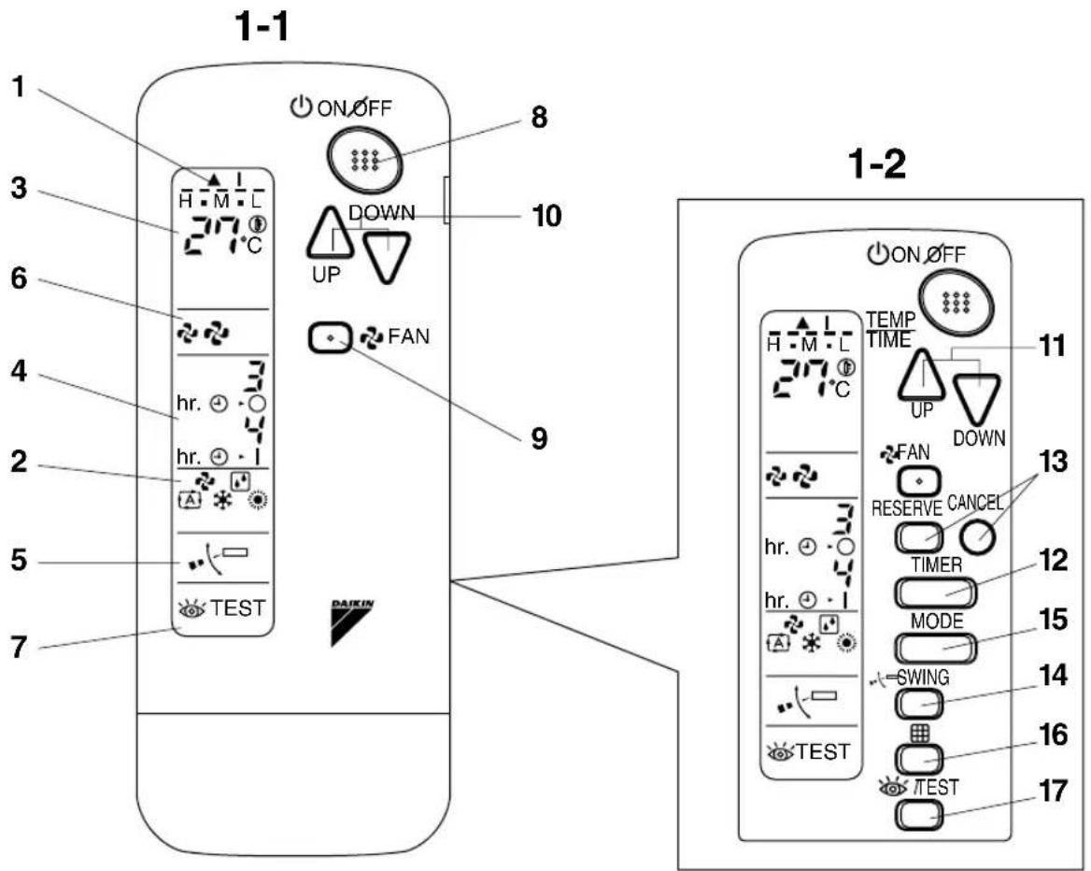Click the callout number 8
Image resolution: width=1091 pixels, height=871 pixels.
[x=539, y=117]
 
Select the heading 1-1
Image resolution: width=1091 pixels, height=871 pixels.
[x=261, y=27]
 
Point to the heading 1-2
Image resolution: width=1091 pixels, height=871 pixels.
[x=877, y=165]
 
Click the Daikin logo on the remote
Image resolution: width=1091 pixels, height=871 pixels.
[x=351, y=621]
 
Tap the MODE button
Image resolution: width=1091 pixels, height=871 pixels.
[x=935, y=649]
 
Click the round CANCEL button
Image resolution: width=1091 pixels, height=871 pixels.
[x=978, y=536]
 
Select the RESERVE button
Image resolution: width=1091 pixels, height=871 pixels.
[x=919, y=537]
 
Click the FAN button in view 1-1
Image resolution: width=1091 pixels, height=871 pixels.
[x=331, y=338]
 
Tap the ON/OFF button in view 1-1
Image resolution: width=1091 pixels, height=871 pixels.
[x=364, y=161]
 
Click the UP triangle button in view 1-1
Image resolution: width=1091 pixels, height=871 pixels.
[x=331, y=234]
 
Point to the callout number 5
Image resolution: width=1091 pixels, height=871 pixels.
[x=19, y=560]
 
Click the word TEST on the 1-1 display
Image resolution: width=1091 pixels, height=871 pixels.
[x=238, y=608]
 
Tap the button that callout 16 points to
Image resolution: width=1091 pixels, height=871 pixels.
[x=919, y=759]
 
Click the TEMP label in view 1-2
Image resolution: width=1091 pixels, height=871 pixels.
[x=890, y=320]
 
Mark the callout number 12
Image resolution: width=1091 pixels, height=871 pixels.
[x=1054, y=560]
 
